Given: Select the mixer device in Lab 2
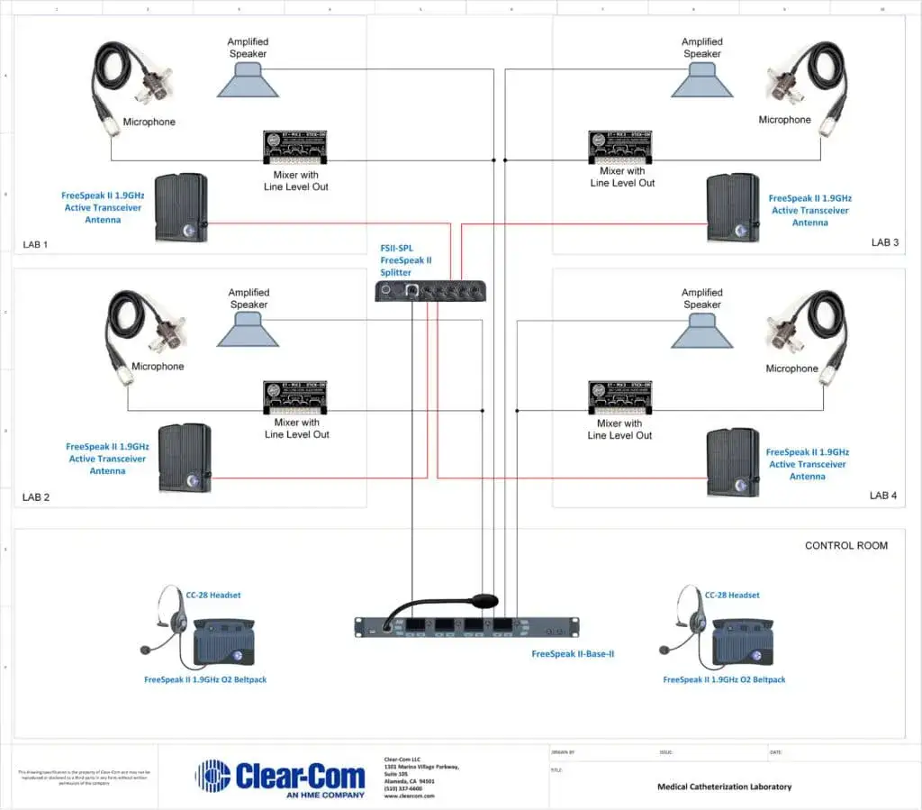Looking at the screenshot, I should click(296, 398).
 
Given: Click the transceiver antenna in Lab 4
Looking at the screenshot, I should click(732, 462).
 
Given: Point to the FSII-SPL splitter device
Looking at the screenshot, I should click(431, 290).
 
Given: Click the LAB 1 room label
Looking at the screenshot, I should click(36, 244).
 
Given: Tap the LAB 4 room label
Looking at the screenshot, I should click(883, 496).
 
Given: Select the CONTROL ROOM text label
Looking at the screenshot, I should click(845, 545).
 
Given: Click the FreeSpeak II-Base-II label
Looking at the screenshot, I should click(573, 654).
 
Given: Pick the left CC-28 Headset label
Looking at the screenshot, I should click(213, 595).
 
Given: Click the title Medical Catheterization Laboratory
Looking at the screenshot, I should click(724, 787).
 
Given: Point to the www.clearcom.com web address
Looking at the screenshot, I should click(409, 796).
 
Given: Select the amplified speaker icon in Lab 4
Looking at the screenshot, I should click(701, 333).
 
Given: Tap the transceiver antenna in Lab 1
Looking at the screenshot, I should click(181, 208).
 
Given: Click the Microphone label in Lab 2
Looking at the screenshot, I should click(158, 367).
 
